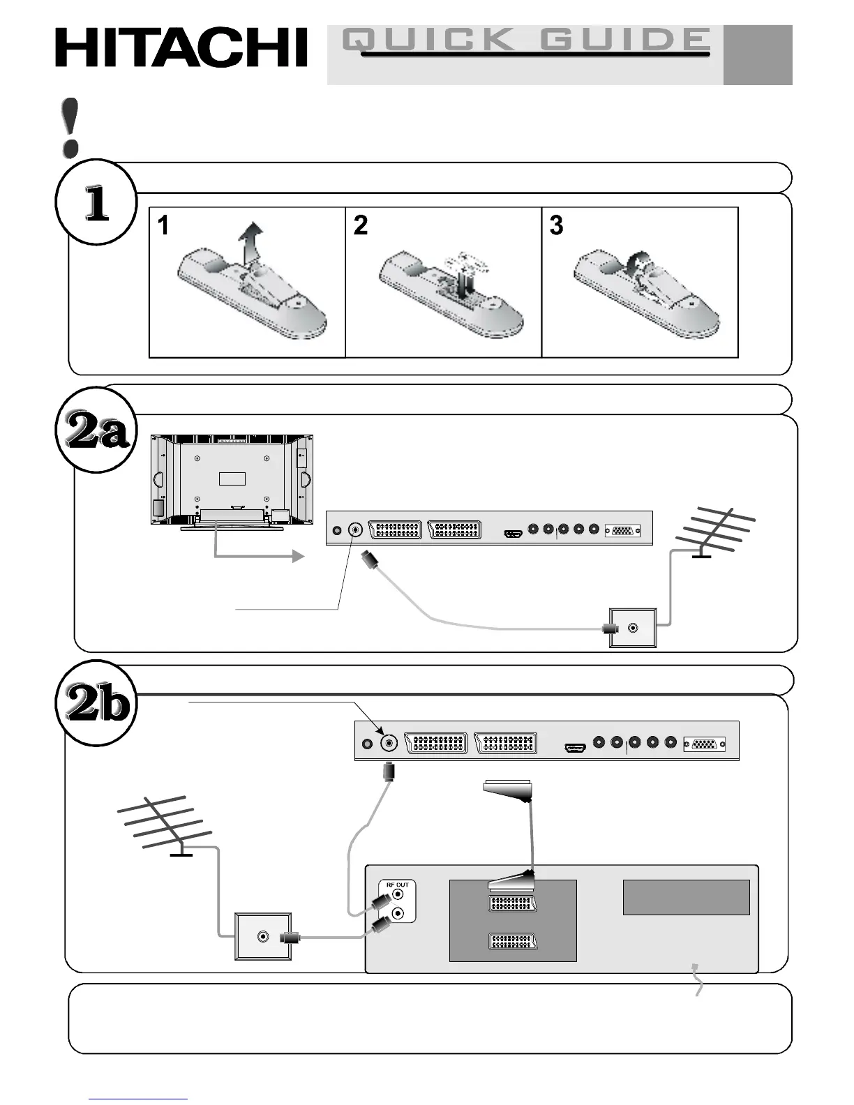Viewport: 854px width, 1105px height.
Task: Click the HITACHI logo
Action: [181, 47]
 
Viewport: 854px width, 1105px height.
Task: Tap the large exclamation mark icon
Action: [70, 127]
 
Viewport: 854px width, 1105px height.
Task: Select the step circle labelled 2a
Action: [96, 431]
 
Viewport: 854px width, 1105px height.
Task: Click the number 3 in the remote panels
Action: [556, 225]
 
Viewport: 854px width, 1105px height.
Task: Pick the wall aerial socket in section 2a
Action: [633, 628]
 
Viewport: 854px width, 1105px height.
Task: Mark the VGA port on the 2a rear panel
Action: [622, 530]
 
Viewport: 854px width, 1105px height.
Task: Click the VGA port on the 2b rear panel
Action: [704, 744]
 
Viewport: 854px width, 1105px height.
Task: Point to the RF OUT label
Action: [398, 885]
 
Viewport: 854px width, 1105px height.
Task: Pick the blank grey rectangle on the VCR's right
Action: [686, 897]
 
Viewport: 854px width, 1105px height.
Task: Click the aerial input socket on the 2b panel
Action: [389, 744]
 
